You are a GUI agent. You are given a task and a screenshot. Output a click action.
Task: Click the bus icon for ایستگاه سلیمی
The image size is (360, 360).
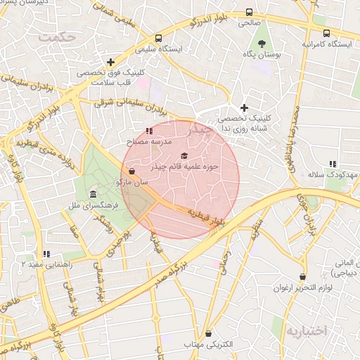(158, 38)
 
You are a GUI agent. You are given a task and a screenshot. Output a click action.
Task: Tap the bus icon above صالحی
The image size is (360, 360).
(250, 13)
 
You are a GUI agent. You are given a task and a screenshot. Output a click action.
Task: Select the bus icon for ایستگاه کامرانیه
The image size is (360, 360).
(326, 33)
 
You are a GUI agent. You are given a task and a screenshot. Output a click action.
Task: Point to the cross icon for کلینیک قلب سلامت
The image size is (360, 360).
(110, 62)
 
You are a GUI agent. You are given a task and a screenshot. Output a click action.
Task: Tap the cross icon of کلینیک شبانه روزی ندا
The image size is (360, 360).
(244, 108)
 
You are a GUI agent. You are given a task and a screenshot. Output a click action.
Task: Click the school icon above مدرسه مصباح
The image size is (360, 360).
(148, 131)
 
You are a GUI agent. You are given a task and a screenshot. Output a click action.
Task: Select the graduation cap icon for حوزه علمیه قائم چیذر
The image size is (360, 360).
(185, 155)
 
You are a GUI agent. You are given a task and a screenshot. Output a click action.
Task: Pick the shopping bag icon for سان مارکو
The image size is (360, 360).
(132, 171)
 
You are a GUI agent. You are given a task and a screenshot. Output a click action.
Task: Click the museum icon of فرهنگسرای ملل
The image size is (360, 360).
(93, 194)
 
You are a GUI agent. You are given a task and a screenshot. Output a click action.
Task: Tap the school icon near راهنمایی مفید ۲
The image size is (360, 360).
(46, 254)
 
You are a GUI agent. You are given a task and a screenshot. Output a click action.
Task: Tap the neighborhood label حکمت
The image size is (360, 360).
(56, 37)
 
